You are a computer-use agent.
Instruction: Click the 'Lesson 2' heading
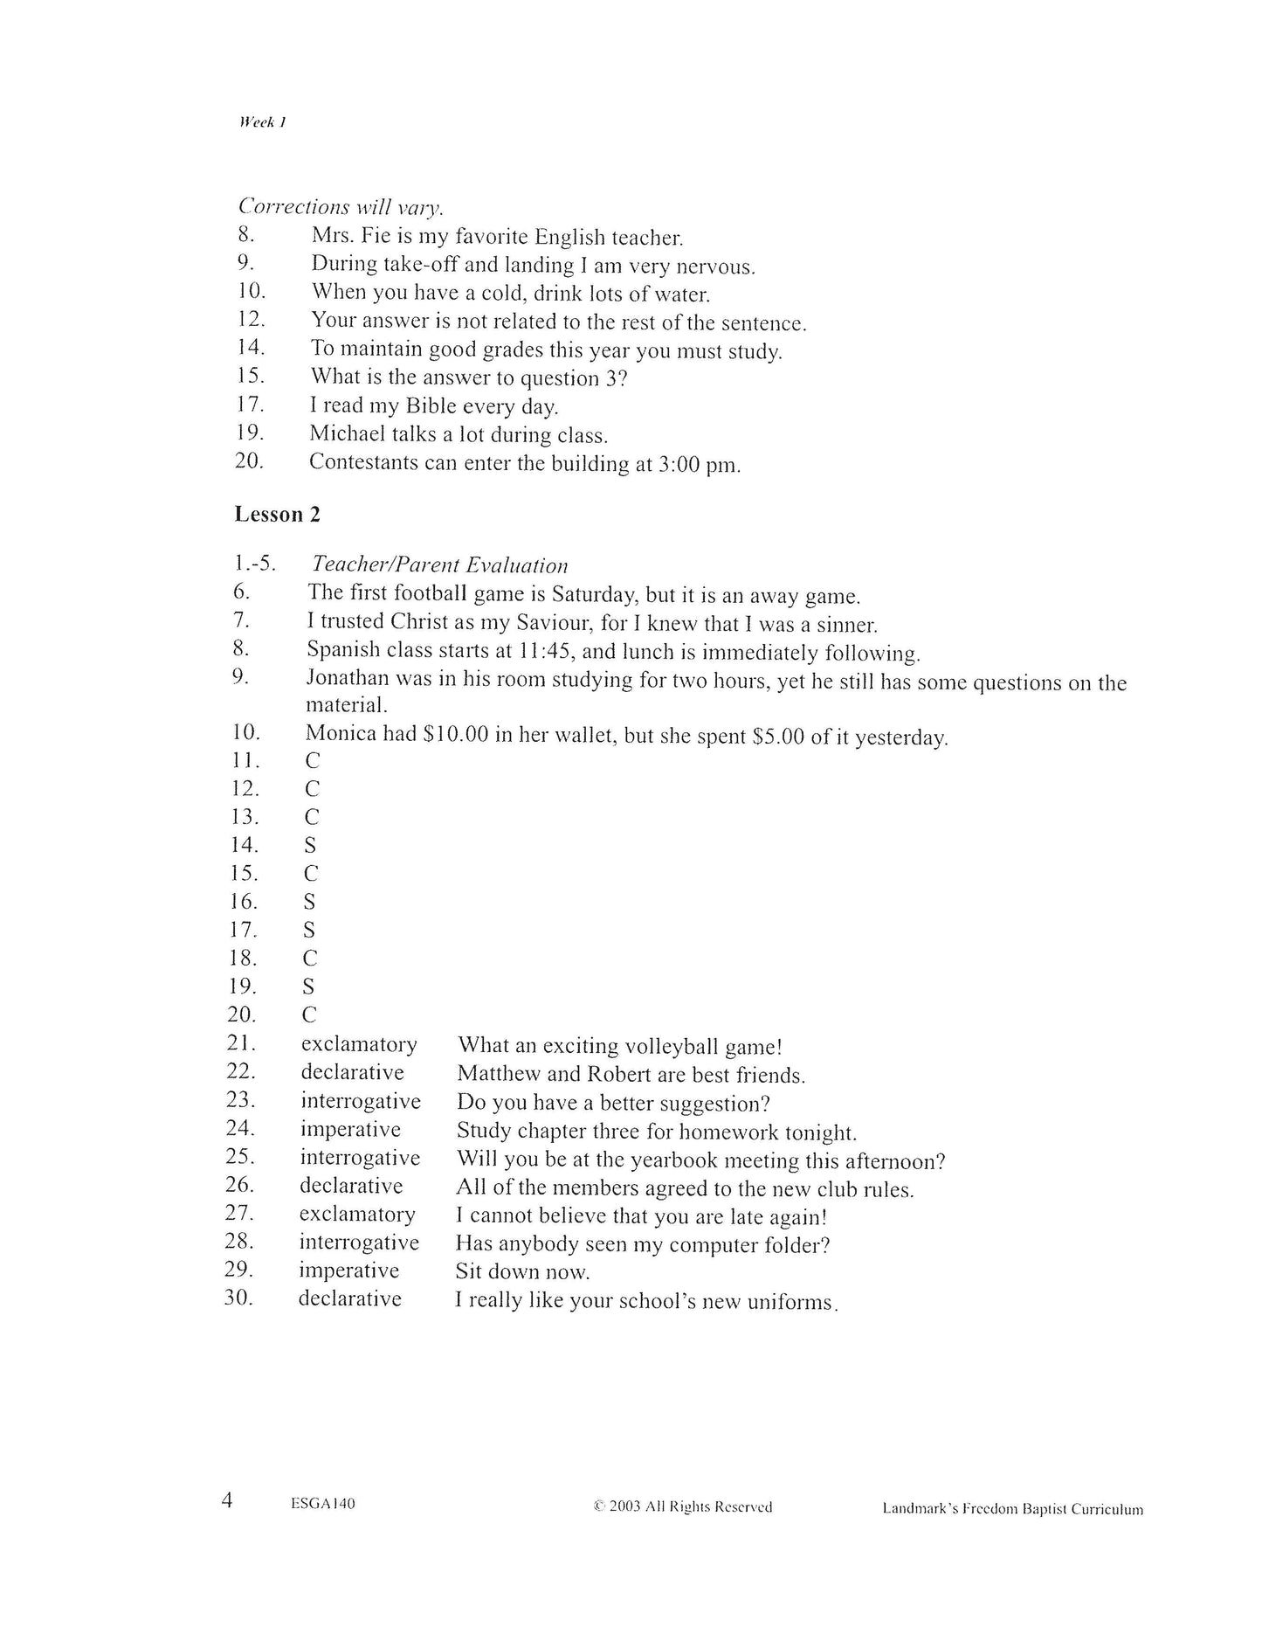coord(277,515)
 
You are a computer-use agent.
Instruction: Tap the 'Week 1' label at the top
coord(261,122)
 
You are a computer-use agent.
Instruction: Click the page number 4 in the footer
coord(227,1501)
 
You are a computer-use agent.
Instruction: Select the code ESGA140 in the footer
coord(322,1504)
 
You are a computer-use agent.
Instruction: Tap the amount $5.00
coord(777,737)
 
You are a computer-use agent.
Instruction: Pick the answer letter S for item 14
coord(310,846)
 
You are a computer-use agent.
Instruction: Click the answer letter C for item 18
coord(310,959)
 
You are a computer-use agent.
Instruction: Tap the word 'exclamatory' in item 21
coord(359,1044)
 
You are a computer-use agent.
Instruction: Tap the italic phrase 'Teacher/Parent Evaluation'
coord(439,565)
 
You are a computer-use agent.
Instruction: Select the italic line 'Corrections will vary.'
coord(340,208)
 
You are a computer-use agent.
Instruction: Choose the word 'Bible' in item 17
coord(426,406)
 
